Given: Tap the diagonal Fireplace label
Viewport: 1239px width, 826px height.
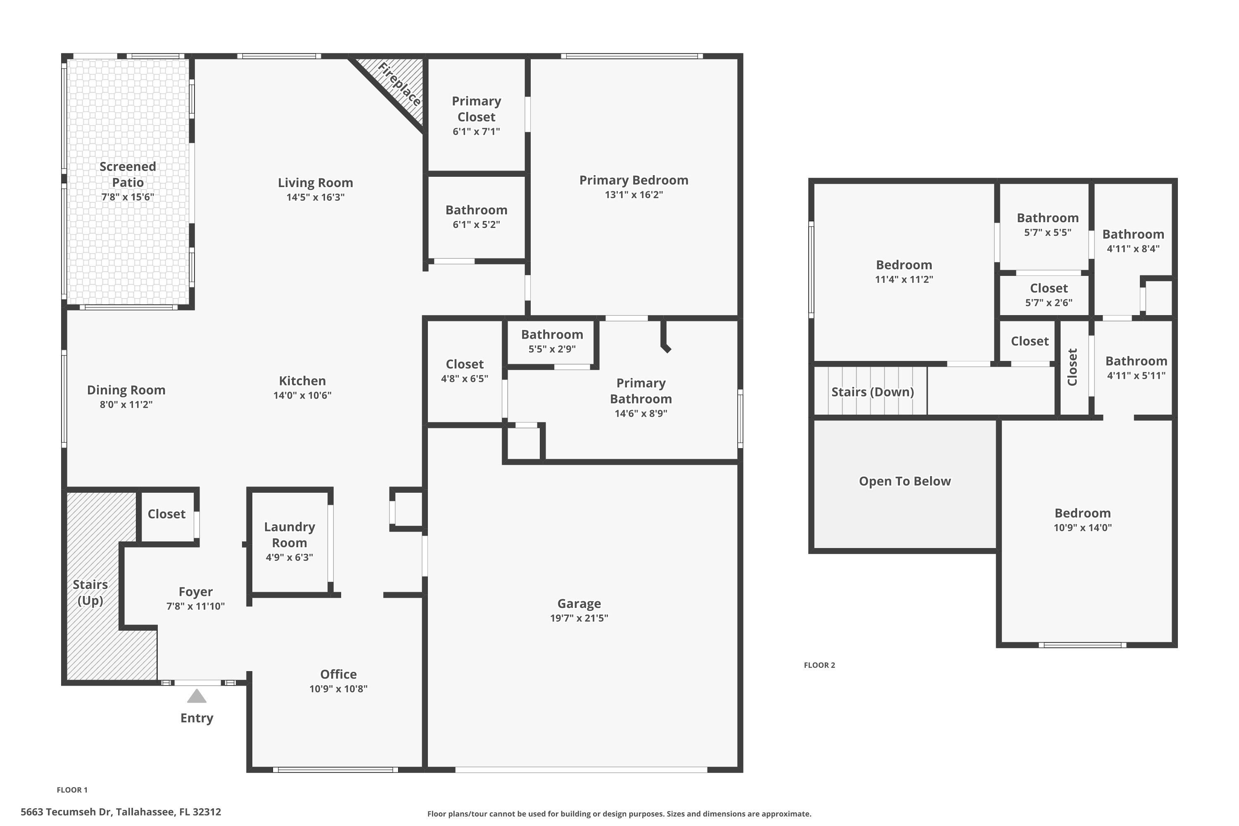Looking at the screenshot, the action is (x=400, y=84).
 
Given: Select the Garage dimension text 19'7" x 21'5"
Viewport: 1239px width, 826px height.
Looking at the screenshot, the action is (x=579, y=618).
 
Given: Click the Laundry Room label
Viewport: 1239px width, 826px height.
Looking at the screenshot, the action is (x=289, y=535).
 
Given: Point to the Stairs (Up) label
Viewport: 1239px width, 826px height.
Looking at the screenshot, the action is (x=90, y=593).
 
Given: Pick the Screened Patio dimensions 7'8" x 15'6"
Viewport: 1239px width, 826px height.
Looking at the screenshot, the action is (x=128, y=197).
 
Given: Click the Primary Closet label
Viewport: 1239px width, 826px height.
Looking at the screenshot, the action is (x=476, y=109).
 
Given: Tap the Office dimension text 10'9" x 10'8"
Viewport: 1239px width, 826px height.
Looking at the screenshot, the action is (x=338, y=688).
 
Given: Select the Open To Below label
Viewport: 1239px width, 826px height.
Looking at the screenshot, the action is (x=904, y=481).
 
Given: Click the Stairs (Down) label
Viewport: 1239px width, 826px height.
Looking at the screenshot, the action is (x=872, y=392).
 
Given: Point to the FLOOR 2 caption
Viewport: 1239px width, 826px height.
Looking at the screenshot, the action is (x=819, y=665).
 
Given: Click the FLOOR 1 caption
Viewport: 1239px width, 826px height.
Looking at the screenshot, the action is (x=72, y=790).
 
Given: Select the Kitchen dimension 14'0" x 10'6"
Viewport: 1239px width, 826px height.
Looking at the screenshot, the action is (x=302, y=395).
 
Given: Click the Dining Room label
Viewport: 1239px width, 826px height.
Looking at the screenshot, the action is (x=126, y=390).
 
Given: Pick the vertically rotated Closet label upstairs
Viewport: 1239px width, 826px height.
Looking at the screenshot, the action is (x=1072, y=367).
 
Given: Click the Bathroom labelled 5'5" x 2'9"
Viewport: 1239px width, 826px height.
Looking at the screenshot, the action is (x=552, y=335).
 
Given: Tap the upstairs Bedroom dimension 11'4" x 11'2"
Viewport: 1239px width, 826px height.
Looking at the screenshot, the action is (x=904, y=279).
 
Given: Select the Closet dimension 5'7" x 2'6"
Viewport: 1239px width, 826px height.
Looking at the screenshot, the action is (x=1048, y=302).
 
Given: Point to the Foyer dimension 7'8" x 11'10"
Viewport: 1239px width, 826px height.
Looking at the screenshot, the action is (x=195, y=606).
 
